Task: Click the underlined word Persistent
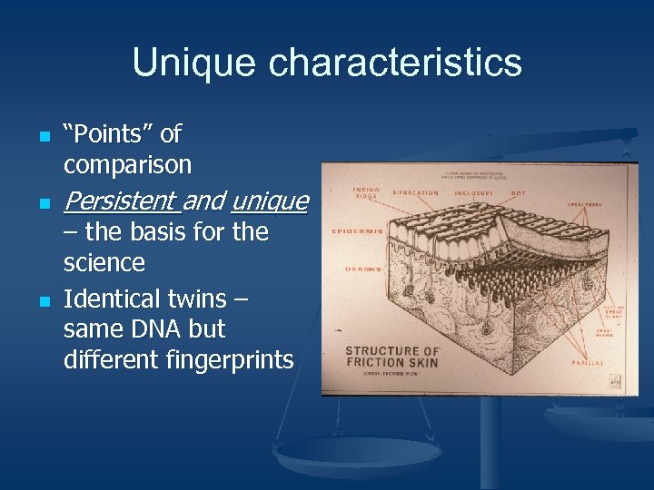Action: click(120, 200)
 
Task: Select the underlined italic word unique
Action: click(270, 200)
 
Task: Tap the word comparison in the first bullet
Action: click(127, 165)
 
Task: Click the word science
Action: click(104, 263)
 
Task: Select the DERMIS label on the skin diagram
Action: click(362, 269)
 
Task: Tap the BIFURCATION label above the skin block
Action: click(415, 192)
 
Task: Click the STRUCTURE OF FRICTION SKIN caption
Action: click(392, 357)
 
